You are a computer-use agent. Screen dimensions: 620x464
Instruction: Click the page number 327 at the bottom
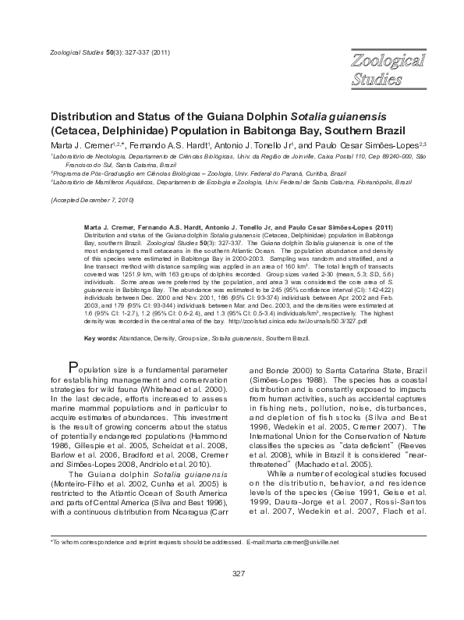pos(239,575)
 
